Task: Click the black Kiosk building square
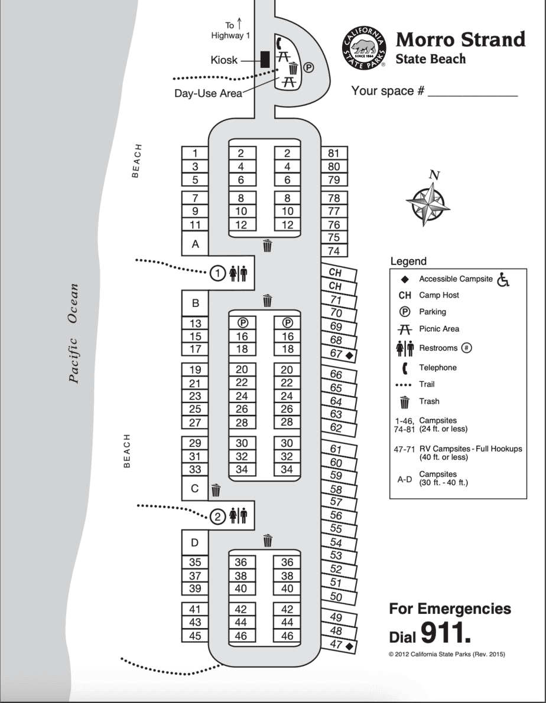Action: (265, 59)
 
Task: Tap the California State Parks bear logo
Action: (363, 49)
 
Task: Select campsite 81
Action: (334, 153)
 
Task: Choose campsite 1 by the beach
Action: (195, 153)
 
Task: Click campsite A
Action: (195, 244)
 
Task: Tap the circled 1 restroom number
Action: (218, 273)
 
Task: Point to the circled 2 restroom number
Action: (218, 517)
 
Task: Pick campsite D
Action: (195, 542)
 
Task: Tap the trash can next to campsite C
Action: (216, 489)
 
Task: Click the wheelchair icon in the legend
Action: (503, 279)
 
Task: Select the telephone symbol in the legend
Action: (405, 368)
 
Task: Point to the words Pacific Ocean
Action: (73, 333)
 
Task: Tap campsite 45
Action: (195, 636)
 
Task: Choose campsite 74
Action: (334, 251)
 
